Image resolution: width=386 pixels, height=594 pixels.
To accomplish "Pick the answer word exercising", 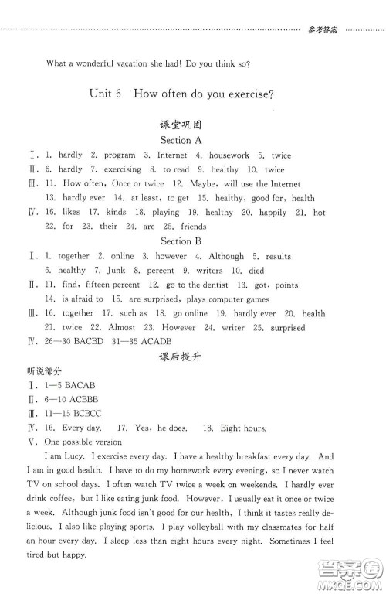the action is click(x=122, y=169).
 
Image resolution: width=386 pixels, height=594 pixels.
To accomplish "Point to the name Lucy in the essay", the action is click(x=80, y=457).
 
